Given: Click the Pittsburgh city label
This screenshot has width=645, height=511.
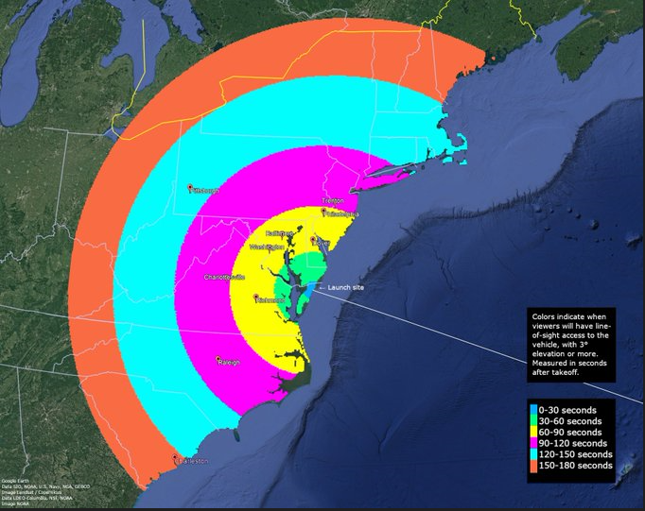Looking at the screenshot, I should (x=205, y=190).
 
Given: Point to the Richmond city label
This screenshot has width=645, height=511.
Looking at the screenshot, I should (x=270, y=301).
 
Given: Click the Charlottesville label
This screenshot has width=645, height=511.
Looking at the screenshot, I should (x=225, y=277).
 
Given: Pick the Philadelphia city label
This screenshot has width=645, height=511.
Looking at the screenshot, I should (x=341, y=213).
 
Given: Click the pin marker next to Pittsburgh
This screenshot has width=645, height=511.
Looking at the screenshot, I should (x=190, y=187).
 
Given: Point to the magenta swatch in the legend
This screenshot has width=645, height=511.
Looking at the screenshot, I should (x=533, y=442).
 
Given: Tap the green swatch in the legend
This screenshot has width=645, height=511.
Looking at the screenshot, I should (x=533, y=419).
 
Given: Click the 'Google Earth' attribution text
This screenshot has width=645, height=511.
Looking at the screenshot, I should (x=16, y=480).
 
